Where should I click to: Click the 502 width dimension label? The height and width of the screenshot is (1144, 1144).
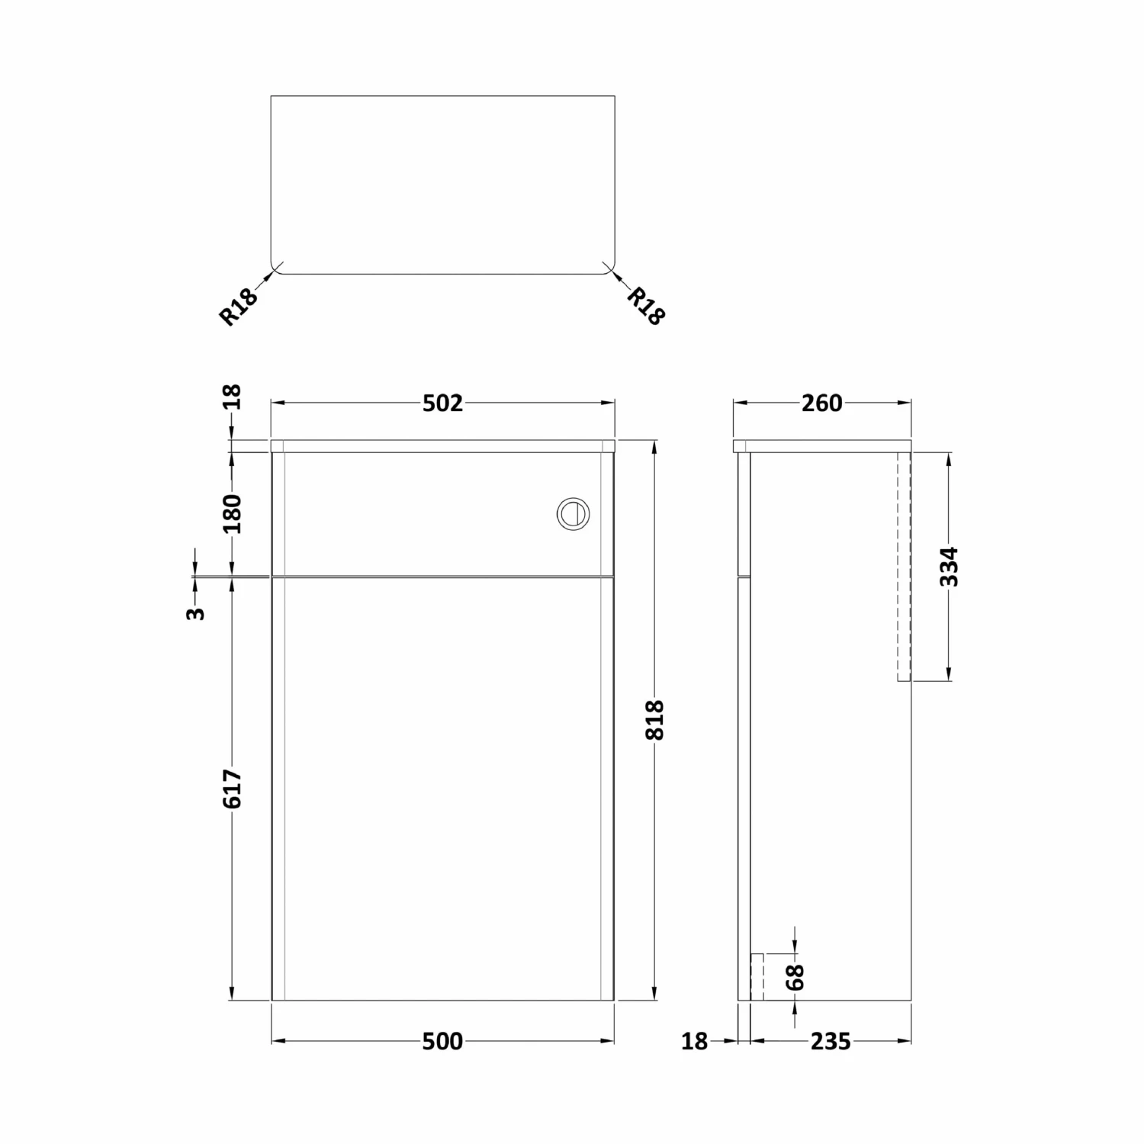(x=442, y=403)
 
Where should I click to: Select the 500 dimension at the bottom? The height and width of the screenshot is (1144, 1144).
(x=442, y=1041)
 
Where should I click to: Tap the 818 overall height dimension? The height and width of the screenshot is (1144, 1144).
(x=655, y=720)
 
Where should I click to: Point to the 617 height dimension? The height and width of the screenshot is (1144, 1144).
(x=233, y=789)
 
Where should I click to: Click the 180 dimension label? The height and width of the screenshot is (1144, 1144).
(x=233, y=513)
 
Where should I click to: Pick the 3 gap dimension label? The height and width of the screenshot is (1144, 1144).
(x=196, y=612)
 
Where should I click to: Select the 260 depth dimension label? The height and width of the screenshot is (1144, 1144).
(x=821, y=403)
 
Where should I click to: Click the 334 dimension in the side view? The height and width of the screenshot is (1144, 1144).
(x=949, y=567)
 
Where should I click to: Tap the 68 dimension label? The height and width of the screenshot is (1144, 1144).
(x=795, y=977)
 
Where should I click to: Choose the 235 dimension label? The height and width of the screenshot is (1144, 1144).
(x=831, y=1041)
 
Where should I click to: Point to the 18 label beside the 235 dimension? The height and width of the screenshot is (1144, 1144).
(x=694, y=1041)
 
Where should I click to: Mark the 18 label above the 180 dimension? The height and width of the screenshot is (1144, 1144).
(x=233, y=397)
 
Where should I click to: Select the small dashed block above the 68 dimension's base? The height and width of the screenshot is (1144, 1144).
(x=757, y=976)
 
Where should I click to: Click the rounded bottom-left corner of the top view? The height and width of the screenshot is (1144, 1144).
(x=276, y=268)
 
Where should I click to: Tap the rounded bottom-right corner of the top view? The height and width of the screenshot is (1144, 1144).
(x=609, y=268)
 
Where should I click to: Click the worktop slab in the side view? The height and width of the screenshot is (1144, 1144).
(x=822, y=446)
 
